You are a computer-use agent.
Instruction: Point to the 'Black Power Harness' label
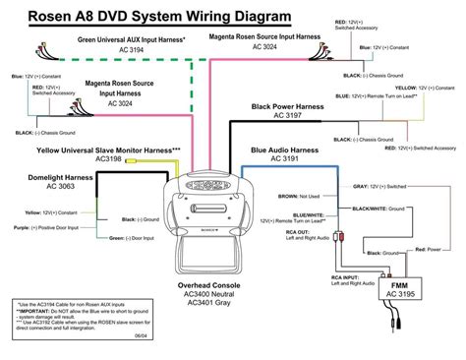(290, 106)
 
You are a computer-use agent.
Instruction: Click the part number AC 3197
(290, 116)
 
